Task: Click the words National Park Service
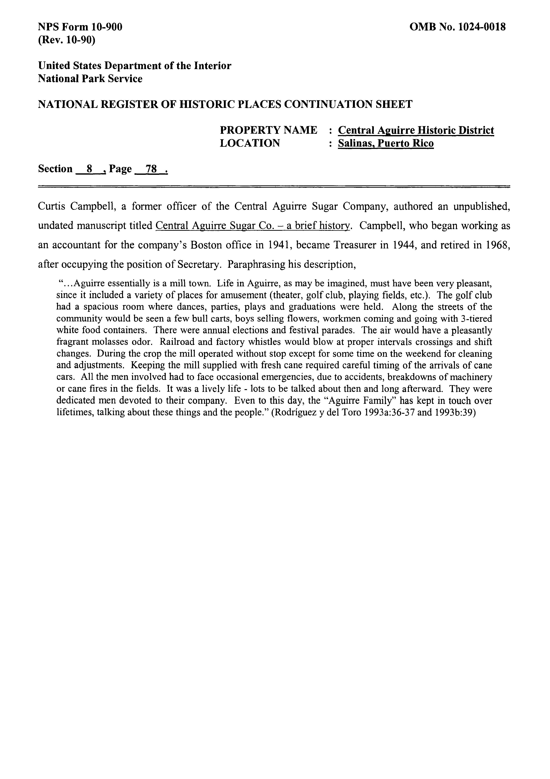click(x=90, y=79)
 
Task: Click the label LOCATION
click(x=250, y=143)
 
